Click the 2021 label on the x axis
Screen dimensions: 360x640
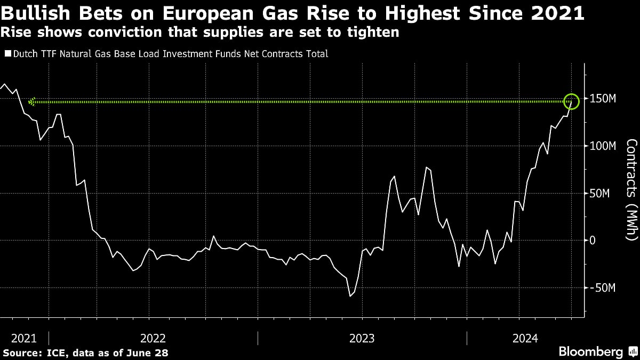[x=24, y=338]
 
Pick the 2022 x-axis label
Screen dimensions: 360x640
[x=153, y=338]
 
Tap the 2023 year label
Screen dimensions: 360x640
[x=362, y=338]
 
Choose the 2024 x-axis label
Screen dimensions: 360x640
[x=525, y=338]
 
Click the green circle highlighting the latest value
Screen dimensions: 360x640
[x=571, y=101]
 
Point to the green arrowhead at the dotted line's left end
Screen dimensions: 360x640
[x=32, y=101]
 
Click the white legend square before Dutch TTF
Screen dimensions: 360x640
[x=7, y=54]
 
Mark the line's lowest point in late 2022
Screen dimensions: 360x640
[x=350, y=296]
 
